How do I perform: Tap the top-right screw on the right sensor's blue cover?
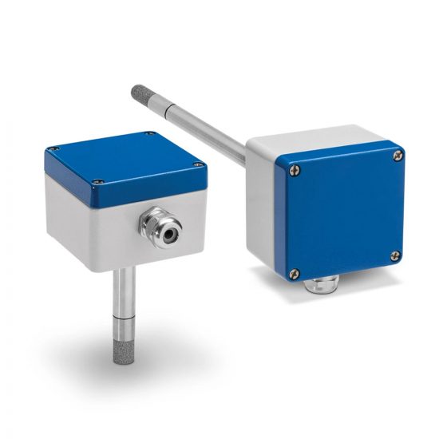397,157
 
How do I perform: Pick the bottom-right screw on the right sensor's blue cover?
394,255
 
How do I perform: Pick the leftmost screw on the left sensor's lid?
51,149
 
